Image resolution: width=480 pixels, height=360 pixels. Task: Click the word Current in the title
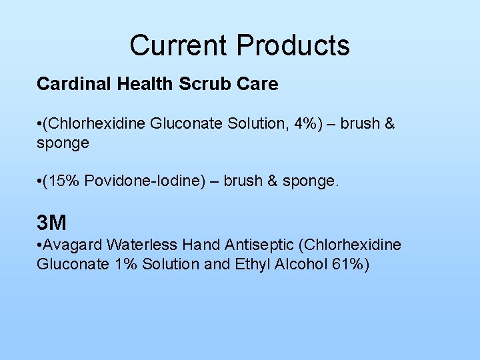[179, 45]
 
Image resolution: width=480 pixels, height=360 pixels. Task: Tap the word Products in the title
[293, 45]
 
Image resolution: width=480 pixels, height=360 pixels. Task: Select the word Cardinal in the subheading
[69, 84]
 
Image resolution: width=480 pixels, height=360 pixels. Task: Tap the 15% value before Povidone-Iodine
[62, 181]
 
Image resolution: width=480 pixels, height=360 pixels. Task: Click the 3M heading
[51, 222]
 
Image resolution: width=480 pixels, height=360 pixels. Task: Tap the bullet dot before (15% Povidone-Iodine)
[39, 182]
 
